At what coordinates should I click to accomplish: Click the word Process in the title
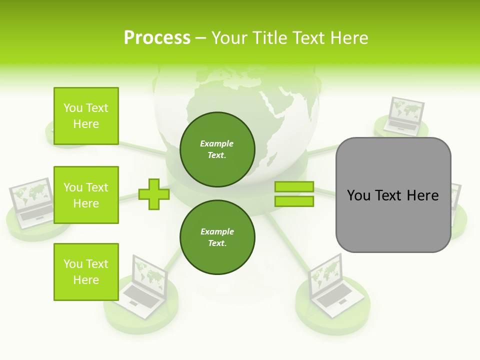pyautogui.click(x=157, y=38)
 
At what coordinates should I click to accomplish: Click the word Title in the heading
pyautogui.click(x=273, y=38)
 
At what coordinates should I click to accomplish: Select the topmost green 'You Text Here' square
pyautogui.click(x=86, y=116)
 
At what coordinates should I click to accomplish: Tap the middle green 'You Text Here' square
pyautogui.click(x=86, y=195)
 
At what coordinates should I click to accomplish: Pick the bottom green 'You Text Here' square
pyautogui.click(x=86, y=272)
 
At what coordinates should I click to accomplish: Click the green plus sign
pyautogui.click(x=154, y=194)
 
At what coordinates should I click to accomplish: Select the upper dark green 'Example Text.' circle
pyautogui.click(x=217, y=149)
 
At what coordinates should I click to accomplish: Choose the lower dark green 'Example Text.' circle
pyautogui.click(x=217, y=237)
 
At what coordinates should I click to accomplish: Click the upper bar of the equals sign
pyautogui.click(x=294, y=187)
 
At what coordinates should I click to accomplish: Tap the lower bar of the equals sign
pyautogui.click(x=294, y=201)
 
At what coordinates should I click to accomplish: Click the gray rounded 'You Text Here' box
pyautogui.click(x=393, y=195)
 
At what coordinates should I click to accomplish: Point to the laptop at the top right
pyautogui.click(x=404, y=116)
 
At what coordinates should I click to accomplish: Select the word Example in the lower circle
pyautogui.click(x=217, y=231)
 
